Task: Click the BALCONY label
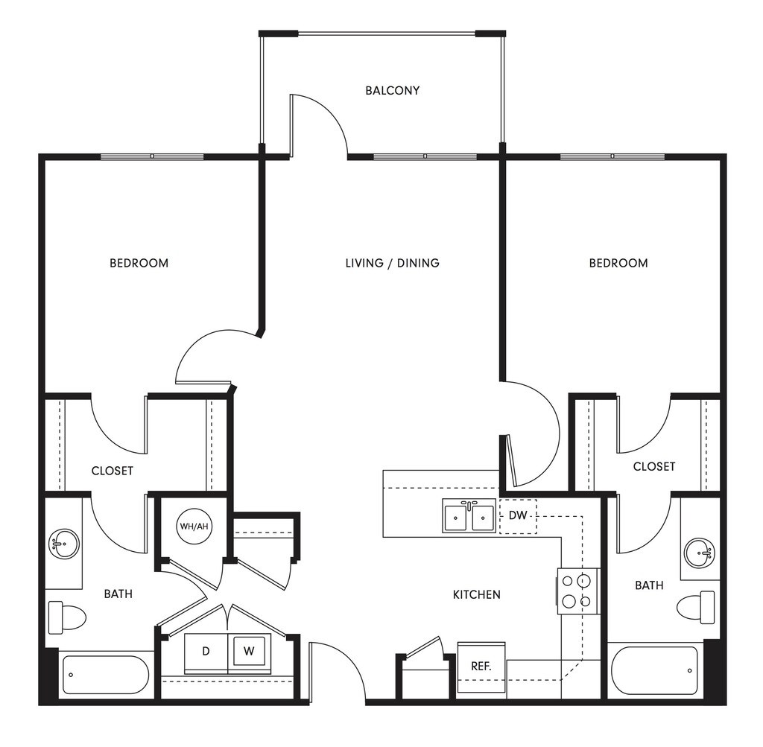click(392, 91)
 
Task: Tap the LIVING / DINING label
click(392, 263)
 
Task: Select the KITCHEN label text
click(477, 594)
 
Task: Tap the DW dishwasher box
click(517, 515)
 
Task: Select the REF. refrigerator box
click(481, 665)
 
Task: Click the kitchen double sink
click(469, 515)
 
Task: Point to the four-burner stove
click(577, 591)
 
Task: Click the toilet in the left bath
click(66, 617)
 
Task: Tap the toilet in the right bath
click(697, 606)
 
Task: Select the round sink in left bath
click(64, 543)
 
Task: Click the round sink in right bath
click(700, 552)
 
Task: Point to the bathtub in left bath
click(105, 675)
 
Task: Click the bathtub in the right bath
click(655, 670)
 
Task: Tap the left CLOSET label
click(113, 471)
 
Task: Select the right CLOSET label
click(653, 466)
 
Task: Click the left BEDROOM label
click(139, 263)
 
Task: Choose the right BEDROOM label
click(618, 263)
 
